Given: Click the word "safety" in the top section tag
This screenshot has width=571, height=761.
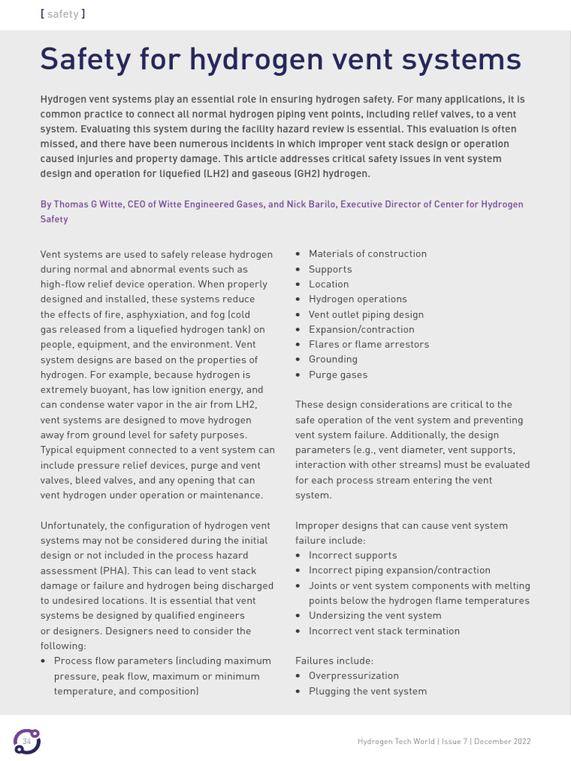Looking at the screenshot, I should coord(62,14).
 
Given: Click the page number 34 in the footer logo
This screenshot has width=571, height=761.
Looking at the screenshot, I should coord(27,742).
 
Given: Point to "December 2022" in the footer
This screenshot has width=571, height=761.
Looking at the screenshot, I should coord(502,742).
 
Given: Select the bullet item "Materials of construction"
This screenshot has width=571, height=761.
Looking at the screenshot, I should coord(367,254).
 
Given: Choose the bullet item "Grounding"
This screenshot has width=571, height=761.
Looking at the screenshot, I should coord(332,360).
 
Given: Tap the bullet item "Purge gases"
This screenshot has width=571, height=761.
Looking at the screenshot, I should coord(338,375).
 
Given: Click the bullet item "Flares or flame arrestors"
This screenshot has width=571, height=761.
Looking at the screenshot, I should coord(369,345).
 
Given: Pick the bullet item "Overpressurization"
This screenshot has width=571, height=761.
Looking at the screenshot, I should coord(354,676).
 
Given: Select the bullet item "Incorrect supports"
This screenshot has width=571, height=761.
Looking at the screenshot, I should coord(352,555).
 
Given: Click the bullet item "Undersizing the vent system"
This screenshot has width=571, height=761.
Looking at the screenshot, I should coord(375,615).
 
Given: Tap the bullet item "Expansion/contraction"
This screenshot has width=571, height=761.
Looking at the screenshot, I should coord(361,329).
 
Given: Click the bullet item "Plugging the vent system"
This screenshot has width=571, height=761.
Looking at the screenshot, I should coord(367,691).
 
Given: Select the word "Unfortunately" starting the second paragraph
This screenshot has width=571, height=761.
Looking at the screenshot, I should coord(73,525).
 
